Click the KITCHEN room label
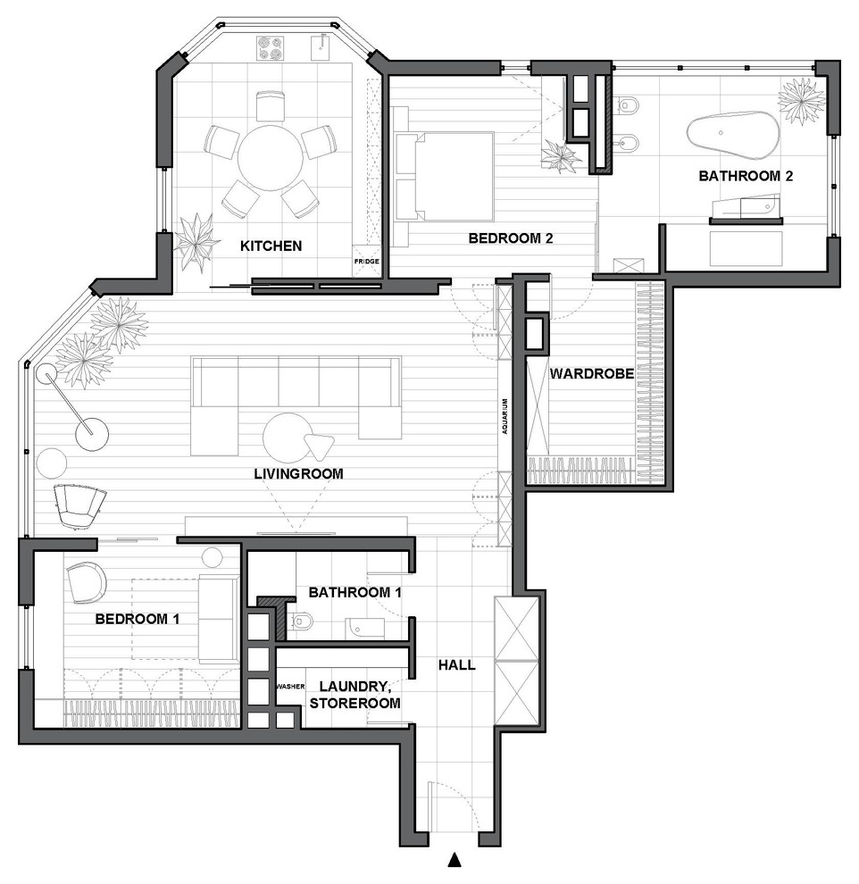pyautogui.click(x=271, y=246)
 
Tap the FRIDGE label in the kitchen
pyautogui.click(x=366, y=262)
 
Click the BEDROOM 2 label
pyautogui.click(x=511, y=238)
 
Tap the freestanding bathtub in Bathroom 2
pyautogui.click(x=732, y=137)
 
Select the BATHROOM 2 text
pyautogui.click(x=746, y=176)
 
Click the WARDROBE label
pyautogui.click(x=592, y=374)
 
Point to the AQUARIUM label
pyautogui.click(x=505, y=416)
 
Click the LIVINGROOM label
pyautogui.click(x=298, y=473)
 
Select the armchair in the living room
pyautogui.click(x=79, y=505)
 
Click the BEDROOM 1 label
pyautogui.click(x=137, y=619)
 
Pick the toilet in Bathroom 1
pyautogui.click(x=299, y=621)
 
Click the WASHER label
pyautogui.click(x=290, y=687)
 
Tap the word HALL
pyautogui.click(x=457, y=665)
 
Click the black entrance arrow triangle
pyautogui.click(x=455, y=860)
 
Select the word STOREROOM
pyautogui.click(x=355, y=703)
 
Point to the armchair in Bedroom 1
pyautogui.click(x=87, y=582)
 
